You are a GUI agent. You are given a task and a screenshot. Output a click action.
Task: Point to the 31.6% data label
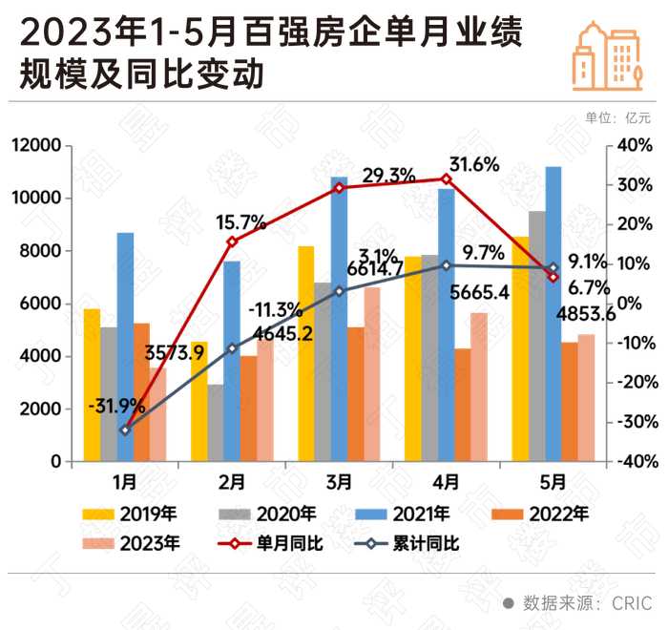tap(474, 164)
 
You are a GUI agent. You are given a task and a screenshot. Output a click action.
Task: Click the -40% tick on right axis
tap(633, 461)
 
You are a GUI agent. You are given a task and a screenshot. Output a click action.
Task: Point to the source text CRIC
tap(632, 603)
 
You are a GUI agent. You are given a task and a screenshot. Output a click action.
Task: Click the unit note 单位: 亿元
tap(618, 118)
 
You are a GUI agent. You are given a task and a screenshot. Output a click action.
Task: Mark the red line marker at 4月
tap(446, 179)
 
